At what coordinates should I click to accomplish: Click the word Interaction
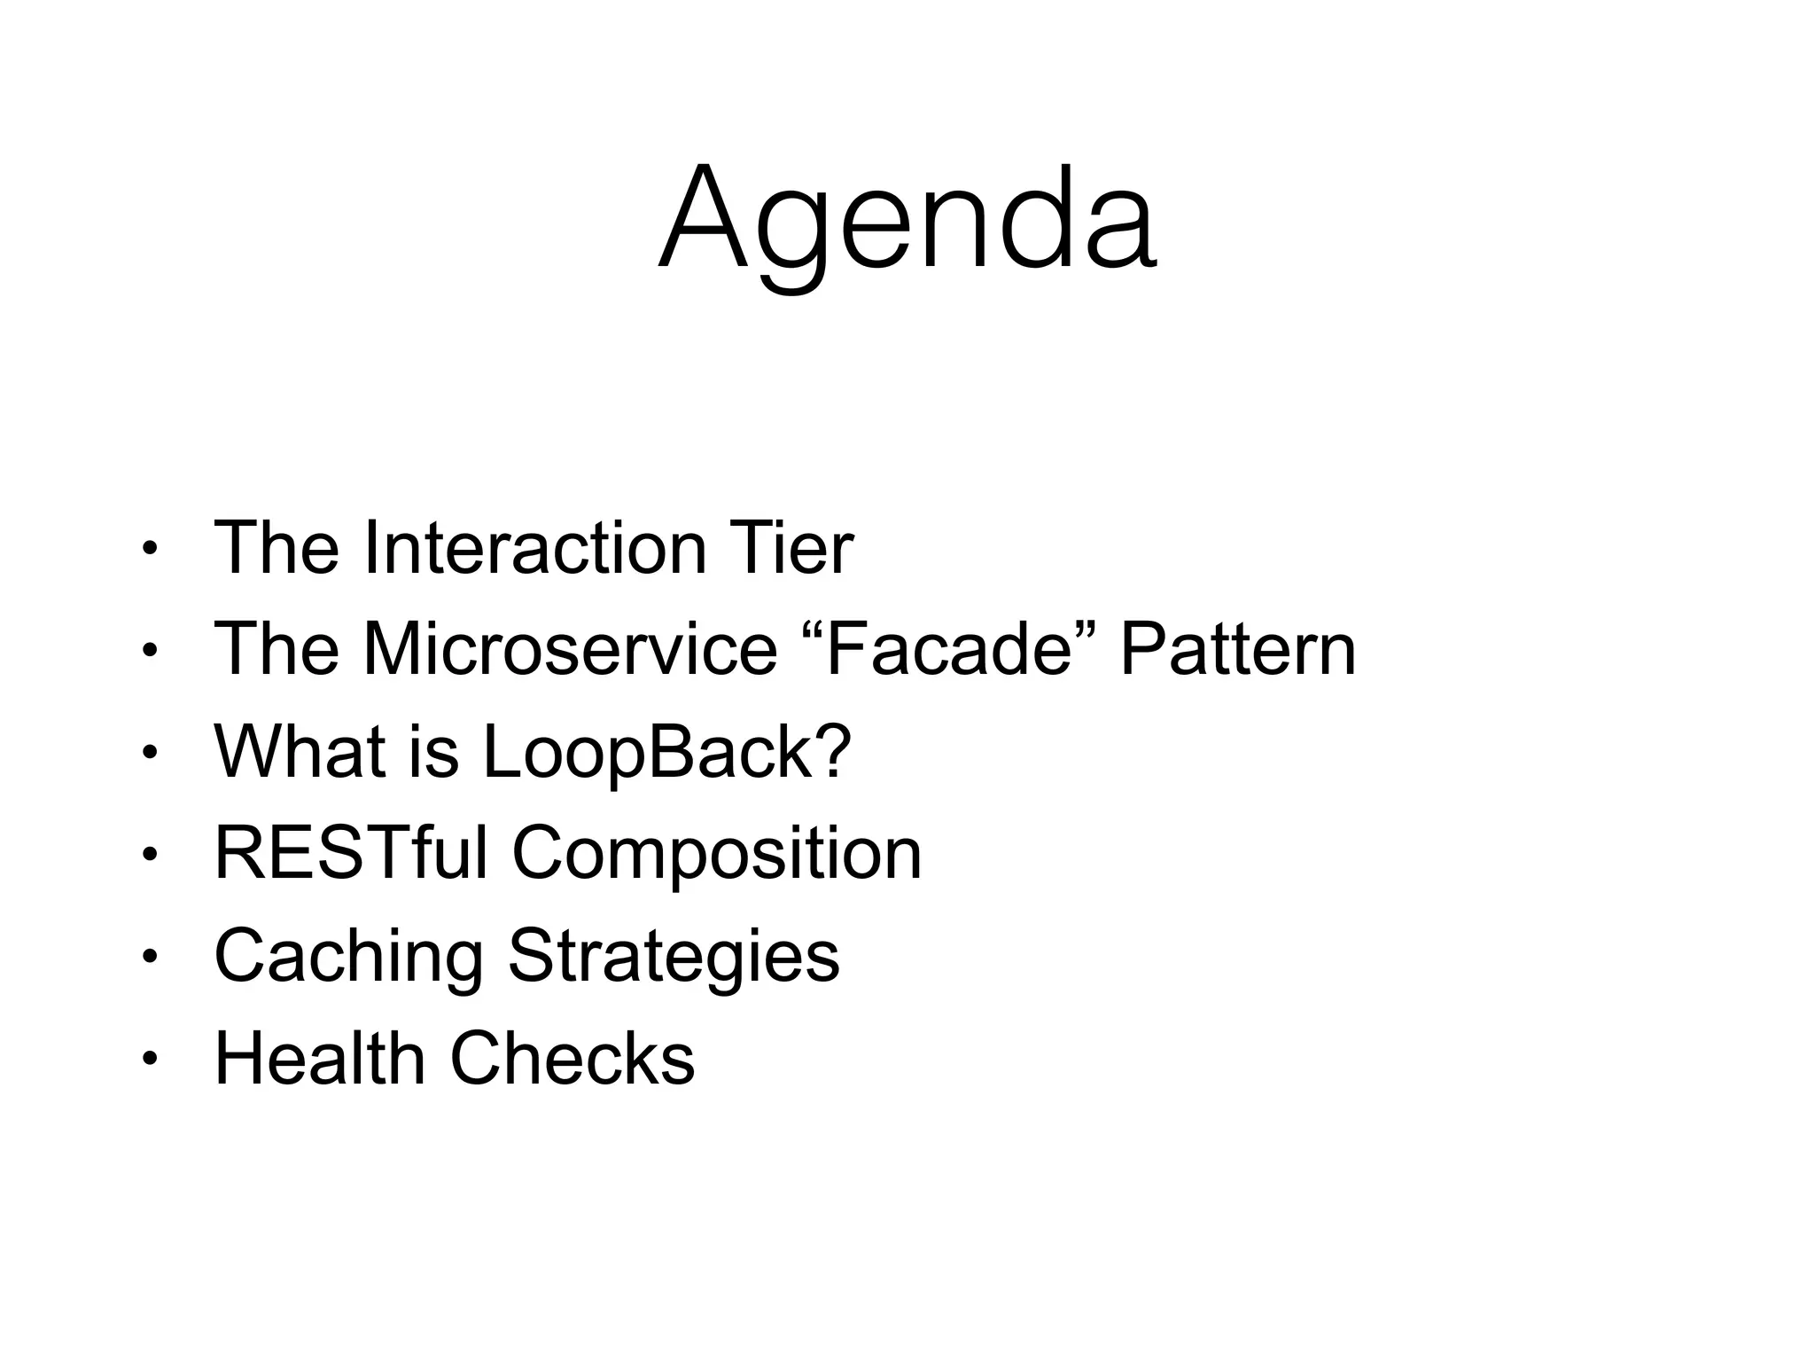click(534, 548)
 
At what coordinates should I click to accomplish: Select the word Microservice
click(570, 649)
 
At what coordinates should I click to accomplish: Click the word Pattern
click(1237, 649)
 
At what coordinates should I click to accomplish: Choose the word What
click(299, 752)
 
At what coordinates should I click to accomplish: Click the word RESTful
click(351, 853)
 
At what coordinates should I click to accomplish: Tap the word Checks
click(573, 1058)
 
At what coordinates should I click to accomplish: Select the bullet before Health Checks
click(149, 1059)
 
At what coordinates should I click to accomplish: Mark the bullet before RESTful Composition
click(149, 855)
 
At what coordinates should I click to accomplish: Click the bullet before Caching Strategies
click(149, 957)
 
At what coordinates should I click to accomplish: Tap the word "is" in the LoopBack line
click(434, 752)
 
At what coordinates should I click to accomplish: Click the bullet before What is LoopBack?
click(149, 753)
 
